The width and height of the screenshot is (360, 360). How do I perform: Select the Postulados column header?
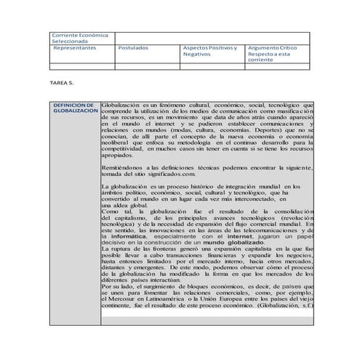(133, 47)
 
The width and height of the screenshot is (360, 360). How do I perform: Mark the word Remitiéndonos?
(128, 167)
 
